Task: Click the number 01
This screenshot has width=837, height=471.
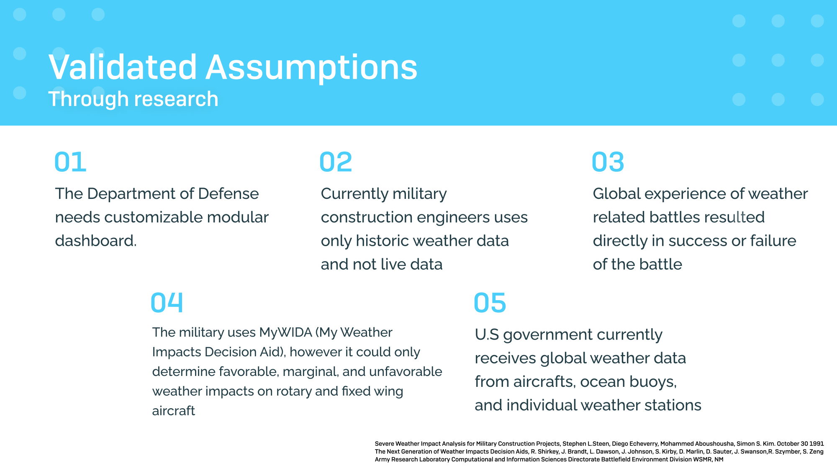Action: (x=70, y=162)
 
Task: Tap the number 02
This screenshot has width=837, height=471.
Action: (x=335, y=162)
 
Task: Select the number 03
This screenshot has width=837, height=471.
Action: (x=608, y=162)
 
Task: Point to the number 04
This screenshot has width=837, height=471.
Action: (x=167, y=303)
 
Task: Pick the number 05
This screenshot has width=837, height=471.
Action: (x=490, y=303)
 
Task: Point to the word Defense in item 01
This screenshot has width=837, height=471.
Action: (x=228, y=194)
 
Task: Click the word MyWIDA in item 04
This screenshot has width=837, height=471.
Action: (x=285, y=332)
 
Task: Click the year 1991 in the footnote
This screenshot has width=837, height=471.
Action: (x=816, y=444)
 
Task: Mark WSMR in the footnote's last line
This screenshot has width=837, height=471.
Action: (x=703, y=459)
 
